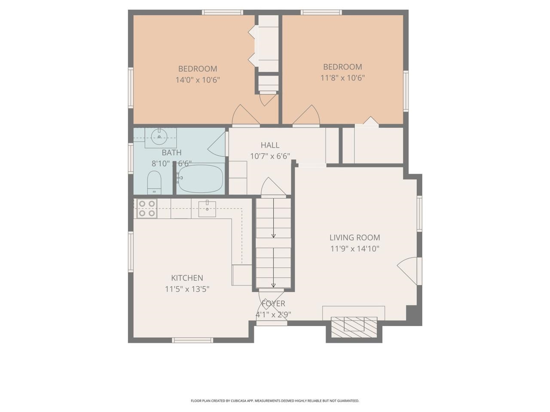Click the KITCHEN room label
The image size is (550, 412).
187,278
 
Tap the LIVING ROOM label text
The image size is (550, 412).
354,237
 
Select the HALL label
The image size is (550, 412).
270,145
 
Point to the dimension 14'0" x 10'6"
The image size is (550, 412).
198,80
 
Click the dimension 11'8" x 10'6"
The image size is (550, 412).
342,78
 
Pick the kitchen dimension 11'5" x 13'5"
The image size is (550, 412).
187,289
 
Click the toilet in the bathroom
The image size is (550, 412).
154,182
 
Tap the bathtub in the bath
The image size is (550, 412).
201,179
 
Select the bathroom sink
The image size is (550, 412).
159,137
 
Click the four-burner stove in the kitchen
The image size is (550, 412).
147,208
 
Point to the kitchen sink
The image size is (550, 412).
207,208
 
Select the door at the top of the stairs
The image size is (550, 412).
272,187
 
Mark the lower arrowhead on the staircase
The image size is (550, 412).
273,285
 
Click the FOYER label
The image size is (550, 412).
273,304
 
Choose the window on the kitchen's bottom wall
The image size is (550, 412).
192,340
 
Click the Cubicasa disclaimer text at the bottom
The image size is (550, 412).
275,401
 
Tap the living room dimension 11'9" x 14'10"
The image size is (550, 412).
354,248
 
